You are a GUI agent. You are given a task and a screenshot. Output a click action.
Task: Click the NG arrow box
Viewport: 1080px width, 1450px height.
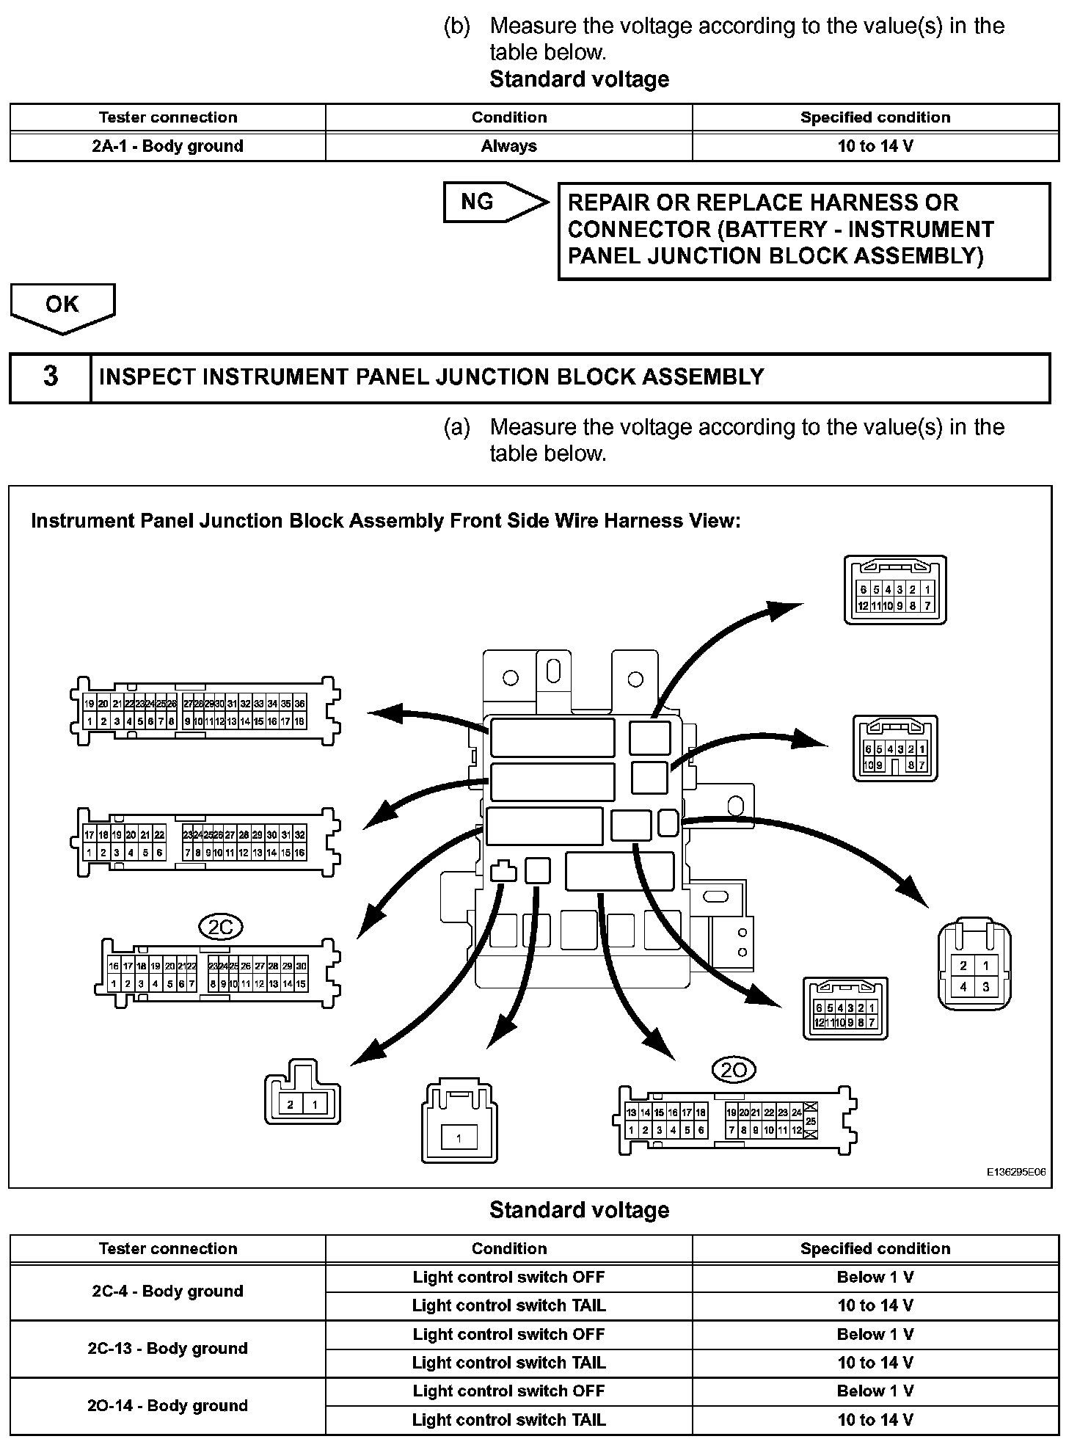(493, 203)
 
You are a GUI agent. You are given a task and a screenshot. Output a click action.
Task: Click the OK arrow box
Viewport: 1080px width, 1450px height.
(62, 305)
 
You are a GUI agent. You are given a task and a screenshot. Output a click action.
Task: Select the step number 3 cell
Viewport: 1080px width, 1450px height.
(50, 377)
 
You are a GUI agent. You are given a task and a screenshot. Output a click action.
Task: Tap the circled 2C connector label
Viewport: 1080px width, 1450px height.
(221, 928)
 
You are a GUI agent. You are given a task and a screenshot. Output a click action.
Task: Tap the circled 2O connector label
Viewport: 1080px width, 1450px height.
(734, 1071)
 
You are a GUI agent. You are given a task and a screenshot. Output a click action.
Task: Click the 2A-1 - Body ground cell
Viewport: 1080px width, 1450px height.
(167, 146)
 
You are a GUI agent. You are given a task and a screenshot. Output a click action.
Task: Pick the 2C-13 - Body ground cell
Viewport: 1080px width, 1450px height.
(167, 1348)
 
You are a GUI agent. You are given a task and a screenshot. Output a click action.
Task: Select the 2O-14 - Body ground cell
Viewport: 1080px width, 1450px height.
(167, 1405)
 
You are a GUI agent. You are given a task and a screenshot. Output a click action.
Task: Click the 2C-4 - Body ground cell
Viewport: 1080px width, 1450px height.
(167, 1291)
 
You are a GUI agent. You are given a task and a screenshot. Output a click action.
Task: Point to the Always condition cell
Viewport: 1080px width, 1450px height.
(508, 146)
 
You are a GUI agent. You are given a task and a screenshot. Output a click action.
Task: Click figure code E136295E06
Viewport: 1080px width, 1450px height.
(1016, 1172)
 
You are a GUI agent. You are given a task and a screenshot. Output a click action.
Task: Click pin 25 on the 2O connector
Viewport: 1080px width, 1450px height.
(811, 1122)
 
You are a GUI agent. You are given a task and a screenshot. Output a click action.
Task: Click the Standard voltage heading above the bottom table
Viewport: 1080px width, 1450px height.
(579, 1210)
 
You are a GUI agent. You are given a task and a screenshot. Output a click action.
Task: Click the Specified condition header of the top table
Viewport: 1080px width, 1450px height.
(875, 117)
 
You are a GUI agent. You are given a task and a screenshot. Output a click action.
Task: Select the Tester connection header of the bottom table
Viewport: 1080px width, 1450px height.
(167, 1249)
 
